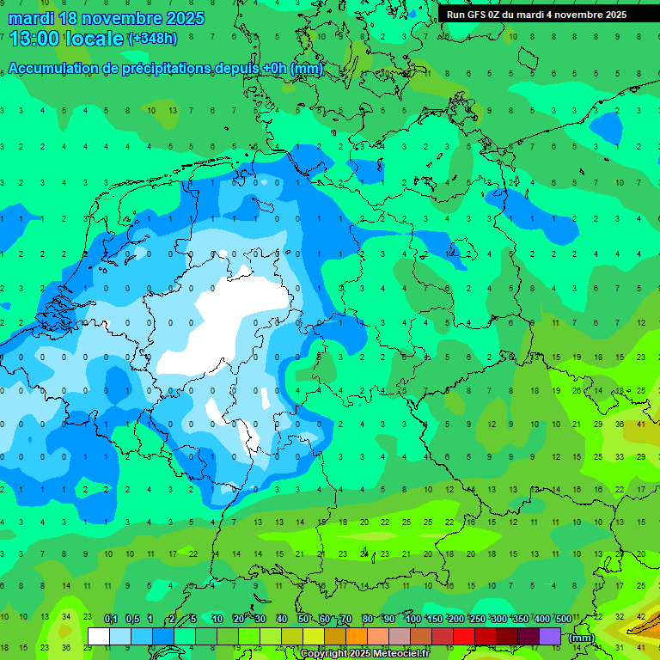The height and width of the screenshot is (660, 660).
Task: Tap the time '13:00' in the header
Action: [x=34, y=39]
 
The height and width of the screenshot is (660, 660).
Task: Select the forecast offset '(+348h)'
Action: [x=153, y=39]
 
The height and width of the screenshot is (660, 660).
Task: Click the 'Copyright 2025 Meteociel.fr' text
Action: [x=364, y=654]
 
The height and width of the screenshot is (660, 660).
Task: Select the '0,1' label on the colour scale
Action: [x=110, y=620]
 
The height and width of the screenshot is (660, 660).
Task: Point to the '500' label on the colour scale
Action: [x=563, y=620]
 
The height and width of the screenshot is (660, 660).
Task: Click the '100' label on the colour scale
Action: [x=412, y=620]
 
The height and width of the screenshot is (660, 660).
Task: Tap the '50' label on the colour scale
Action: [x=303, y=620]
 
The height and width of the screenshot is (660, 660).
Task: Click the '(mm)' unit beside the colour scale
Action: [x=582, y=638]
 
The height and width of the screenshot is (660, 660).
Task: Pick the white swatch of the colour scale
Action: [x=99, y=636]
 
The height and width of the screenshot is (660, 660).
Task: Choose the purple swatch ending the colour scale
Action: [x=550, y=636]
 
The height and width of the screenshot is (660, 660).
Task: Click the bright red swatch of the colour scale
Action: [x=464, y=636]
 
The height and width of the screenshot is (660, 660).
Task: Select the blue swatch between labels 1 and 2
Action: [x=163, y=636]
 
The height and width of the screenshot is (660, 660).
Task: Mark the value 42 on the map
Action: [x=641, y=617]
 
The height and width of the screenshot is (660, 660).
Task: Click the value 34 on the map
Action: [x=65, y=617]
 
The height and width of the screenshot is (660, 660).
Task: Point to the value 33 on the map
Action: [x=620, y=456]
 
